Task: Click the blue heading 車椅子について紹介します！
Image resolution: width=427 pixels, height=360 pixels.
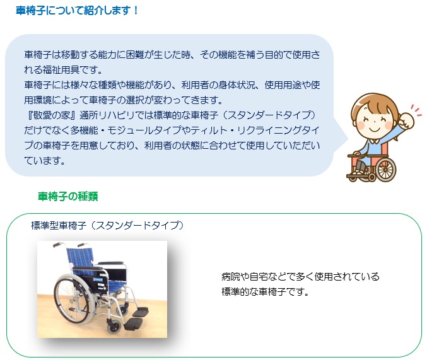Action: tap(78, 11)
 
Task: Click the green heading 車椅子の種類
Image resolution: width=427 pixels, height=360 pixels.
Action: tap(68, 196)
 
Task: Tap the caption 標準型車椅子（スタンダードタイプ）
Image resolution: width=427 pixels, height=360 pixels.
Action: tap(107, 226)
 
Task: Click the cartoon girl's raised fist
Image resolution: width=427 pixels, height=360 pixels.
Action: tap(406, 120)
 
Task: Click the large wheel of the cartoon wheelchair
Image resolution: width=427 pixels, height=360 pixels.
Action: tap(385, 170)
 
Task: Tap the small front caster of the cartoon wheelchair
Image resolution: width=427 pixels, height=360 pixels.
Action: tap(371, 178)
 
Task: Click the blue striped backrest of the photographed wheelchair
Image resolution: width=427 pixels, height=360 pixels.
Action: tap(80, 257)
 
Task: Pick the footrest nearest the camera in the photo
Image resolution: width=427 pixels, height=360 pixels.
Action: tap(134, 324)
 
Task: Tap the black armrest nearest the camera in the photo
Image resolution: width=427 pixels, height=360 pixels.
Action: tap(87, 269)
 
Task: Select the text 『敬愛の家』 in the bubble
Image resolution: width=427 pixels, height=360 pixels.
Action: tap(50, 115)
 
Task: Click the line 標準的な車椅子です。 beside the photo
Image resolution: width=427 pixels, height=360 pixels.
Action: tap(266, 292)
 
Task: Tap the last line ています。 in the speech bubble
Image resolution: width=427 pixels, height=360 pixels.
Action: tap(45, 161)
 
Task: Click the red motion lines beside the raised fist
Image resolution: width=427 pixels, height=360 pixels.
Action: tap(416, 111)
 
